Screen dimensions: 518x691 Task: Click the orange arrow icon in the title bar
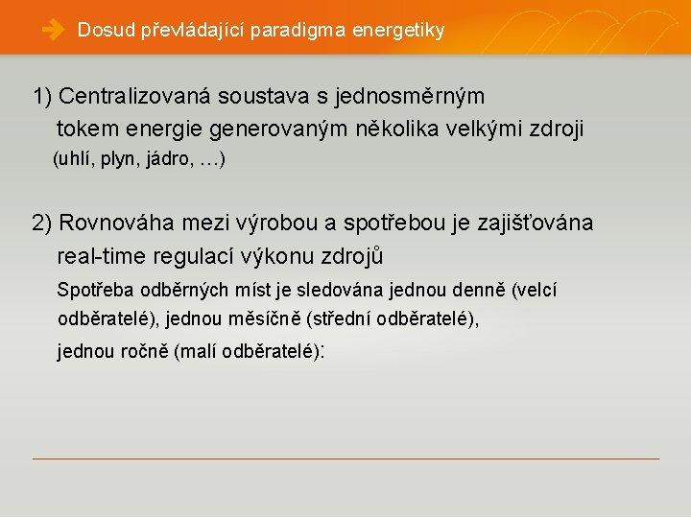click(x=52, y=31)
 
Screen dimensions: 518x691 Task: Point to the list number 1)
click(x=43, y=97)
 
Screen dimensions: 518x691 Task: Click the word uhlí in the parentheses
click(x=76, y=158)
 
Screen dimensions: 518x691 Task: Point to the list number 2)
click(x=43, y=224)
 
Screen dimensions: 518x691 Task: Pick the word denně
click(x=480, y=290)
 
